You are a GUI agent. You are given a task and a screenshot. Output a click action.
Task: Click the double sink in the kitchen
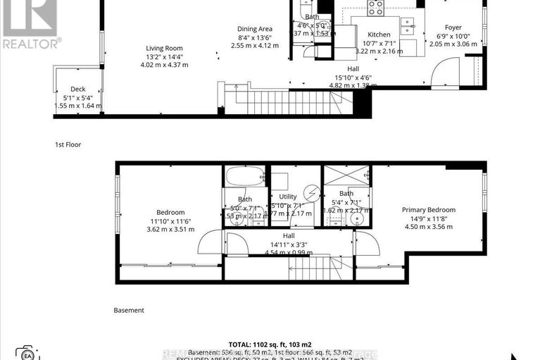pos(408,26)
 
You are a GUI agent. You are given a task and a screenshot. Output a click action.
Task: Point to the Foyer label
pos(453,29)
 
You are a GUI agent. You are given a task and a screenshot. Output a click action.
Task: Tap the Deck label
pos(77,89)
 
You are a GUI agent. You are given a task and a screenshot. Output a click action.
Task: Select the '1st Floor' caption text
pos(68,144)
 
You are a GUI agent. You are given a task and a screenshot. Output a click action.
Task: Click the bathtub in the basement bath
pos(244,176)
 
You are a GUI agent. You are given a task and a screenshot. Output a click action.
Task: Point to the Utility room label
pos(287,197)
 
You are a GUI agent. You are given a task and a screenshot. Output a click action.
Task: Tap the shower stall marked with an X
pos(346,176)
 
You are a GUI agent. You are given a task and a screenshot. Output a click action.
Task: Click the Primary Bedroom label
pos(428,209)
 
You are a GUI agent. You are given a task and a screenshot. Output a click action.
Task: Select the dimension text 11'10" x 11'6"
pos(170,221)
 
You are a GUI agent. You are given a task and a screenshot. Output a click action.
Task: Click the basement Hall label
pos(289,236)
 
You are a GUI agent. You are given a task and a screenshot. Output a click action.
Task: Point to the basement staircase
pos(319,268)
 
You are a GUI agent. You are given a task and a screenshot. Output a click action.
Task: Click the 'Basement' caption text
pos(129,310)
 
